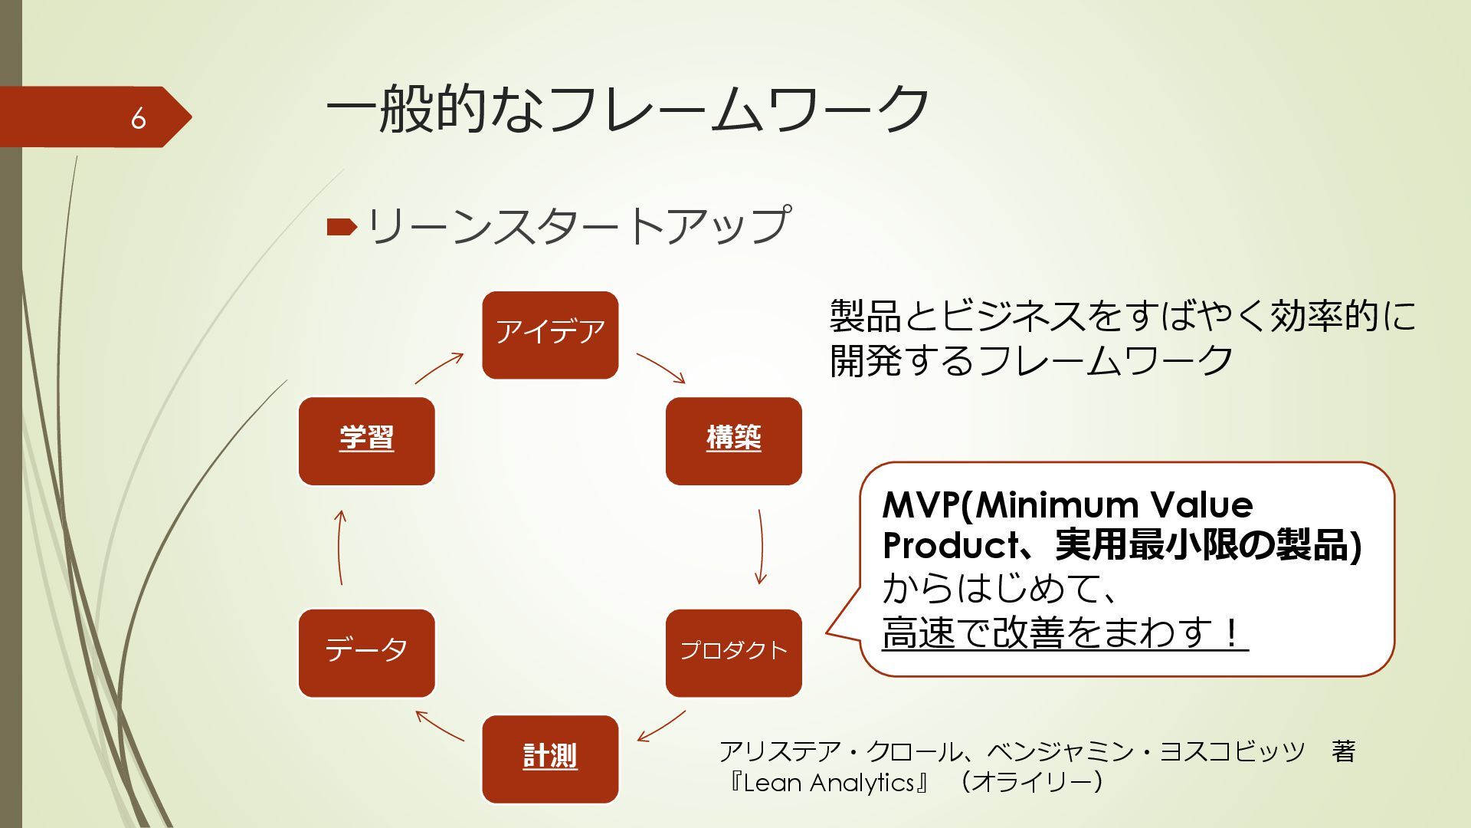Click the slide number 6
(138, 118)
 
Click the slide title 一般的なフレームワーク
(627, 108)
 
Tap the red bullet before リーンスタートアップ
(341, 227)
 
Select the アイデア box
(550, 334)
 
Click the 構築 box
(733, 440)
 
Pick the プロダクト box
(733, 652)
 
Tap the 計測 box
(550, 758)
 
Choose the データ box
(366, 652)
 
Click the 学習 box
(366, 440)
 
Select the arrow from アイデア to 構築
(660, 367)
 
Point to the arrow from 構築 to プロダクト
(760, 546)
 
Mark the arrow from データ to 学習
(340, 547)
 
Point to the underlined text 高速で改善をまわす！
(1064, 633)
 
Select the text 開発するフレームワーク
(1031, 360)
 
